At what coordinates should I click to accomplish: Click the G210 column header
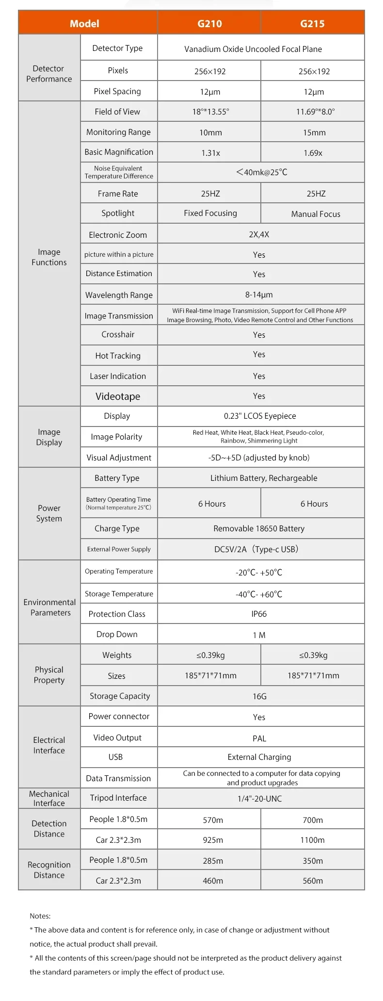(209, 23)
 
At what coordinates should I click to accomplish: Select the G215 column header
(312, 23)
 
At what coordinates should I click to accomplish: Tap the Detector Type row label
(118, 48)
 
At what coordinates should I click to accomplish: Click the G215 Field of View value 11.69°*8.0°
(315, 112)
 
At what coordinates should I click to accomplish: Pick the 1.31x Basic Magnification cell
(210, 153)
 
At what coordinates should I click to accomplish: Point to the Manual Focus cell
(316, 214)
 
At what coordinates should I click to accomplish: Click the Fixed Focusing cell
(210, 213)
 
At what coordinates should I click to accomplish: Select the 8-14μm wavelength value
(259, 295)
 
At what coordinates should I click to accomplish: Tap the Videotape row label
(118, 396)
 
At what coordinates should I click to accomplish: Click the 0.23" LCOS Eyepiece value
(260, 416)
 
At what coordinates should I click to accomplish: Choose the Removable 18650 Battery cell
(259, 528)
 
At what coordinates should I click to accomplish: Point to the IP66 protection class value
(259, 614)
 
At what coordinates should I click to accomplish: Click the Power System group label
(49, 513)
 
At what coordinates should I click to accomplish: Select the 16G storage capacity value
(259, 696)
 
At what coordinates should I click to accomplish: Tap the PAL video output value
(259, 738)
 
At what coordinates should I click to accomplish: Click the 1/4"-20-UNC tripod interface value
(259, 799)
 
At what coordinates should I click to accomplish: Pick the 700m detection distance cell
(313, 820)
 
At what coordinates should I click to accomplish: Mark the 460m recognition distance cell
(213, 881)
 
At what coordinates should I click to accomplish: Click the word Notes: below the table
(40, 916)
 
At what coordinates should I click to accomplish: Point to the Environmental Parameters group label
(49, 607)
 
